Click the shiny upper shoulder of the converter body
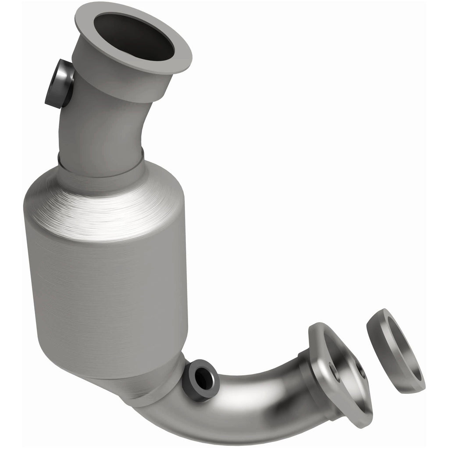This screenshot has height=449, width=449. coord(105,206)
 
